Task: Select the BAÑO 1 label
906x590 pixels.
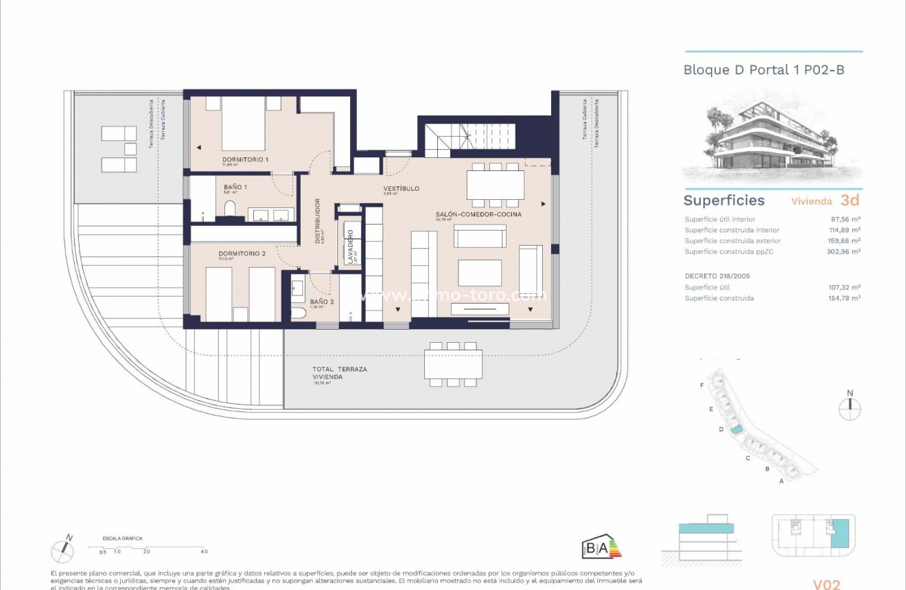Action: coord(235,187)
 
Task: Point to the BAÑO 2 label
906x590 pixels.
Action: coord(321,302)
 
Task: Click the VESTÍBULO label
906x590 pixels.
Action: coord(401,188)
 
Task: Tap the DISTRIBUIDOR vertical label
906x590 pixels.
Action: coord(318,221)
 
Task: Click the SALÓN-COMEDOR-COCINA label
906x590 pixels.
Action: coord(478,214)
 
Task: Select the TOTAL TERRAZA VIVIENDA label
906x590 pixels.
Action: coord(340,373)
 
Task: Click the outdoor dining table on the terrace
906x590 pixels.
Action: coord(452,365)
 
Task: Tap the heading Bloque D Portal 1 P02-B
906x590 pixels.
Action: coord(763,70)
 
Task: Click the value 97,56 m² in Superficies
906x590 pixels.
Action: coord(846,219)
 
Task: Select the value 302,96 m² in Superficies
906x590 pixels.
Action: coord(845,251)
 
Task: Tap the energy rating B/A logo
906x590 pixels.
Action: coord(601,547)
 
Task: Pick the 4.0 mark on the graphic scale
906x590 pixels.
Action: coord(204,552)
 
